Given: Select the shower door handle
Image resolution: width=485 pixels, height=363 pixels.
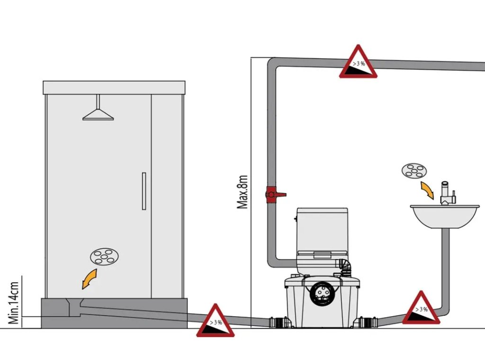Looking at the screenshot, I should tap(144, 191).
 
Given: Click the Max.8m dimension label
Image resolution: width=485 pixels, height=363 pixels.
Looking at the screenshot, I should tap(242, 191).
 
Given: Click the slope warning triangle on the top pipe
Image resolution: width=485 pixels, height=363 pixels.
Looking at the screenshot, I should tap(358, 63).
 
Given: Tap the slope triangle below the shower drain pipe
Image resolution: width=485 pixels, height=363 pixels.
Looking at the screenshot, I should tap(215, 322).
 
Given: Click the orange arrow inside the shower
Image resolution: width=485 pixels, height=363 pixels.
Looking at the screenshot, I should tap(89, 278).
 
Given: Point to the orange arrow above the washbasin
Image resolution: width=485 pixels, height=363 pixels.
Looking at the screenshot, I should tap(428, 190).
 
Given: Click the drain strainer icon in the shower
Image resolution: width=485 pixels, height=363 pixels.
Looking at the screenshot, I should tap(104, 256).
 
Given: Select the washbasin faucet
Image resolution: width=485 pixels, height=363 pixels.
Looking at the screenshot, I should tap(447, 193).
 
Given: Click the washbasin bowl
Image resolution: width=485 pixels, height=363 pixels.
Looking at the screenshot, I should tap(444, 216).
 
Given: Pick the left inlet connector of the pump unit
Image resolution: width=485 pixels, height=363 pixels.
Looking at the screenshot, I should tap(280, 323).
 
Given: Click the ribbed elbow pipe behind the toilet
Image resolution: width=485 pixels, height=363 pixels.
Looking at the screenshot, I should tap(348, 268).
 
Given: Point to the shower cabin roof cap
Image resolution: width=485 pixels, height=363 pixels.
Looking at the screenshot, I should tap(114, 87).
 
